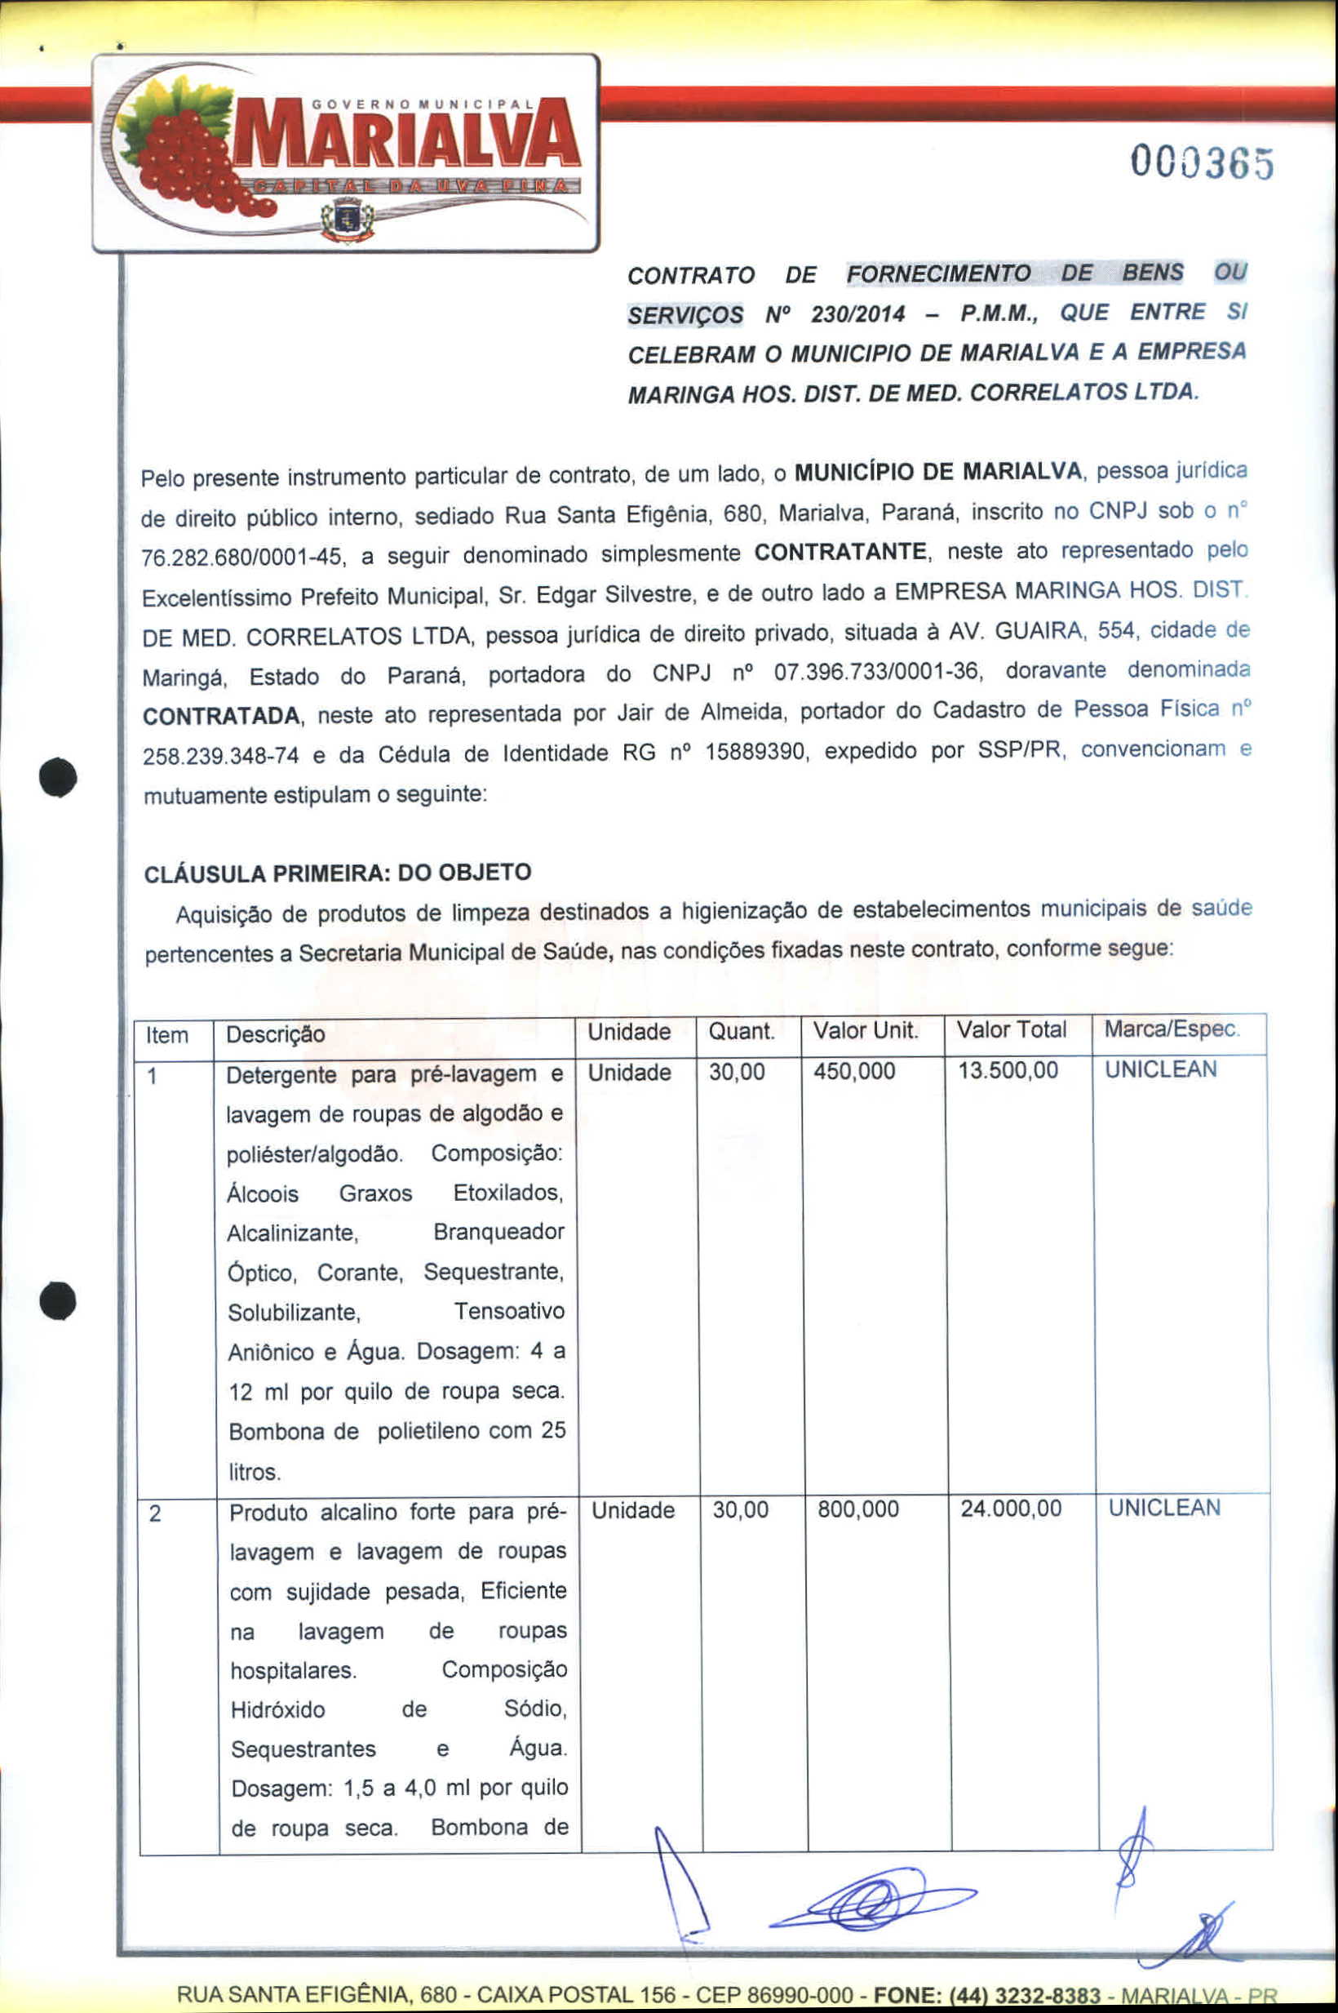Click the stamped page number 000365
1202,162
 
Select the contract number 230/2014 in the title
857,314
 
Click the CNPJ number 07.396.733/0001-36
875,671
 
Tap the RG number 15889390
755,752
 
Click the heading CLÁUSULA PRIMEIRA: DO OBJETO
338,873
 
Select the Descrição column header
275,1035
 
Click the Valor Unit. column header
866,1031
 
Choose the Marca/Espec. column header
1171,1029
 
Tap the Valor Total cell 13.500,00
1007,1070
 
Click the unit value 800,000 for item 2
857,1509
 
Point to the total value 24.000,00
1010,1509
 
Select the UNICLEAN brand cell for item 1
1160,1069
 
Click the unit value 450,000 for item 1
854,1071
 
